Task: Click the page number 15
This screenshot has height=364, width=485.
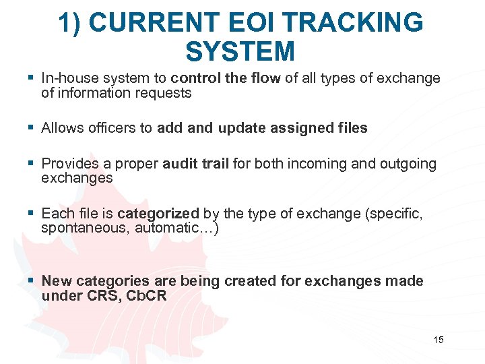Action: tap(439, 340)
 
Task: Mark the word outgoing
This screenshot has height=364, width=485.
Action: tap(408, 163)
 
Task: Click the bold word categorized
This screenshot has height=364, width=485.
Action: tap(158, 214)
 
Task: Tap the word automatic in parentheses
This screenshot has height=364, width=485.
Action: tap(165, 228)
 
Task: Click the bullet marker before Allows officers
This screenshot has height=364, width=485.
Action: tap(32, 128)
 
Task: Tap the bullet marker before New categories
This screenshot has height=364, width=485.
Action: tap(32, 281)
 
